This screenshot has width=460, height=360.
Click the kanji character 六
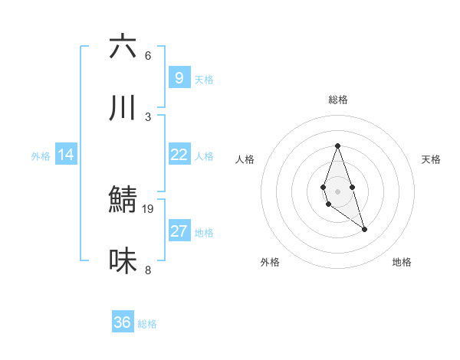(x=123, y=47)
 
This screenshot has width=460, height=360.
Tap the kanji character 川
(x=123, y=108)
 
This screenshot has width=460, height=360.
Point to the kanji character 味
(x=123, y=261)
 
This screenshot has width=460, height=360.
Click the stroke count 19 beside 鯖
(x=148, y=208)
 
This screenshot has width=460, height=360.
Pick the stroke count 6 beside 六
(x=148, y=56)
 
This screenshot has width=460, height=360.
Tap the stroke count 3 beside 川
(x=148, y=116)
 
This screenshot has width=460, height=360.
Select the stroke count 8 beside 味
(x=148, y=270)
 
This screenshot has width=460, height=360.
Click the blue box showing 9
(x=179, y=77)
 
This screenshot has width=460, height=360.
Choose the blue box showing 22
(x=179, y=155)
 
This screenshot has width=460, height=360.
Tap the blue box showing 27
(x=179, y=231)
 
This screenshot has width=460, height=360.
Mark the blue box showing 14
(x=66, y=155)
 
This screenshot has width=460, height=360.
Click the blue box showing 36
(x=122, y=322)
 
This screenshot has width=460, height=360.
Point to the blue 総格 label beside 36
(x=147, y=324)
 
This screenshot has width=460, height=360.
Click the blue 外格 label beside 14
(x=41, y=156)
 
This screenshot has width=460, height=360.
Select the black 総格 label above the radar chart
(x=337, y=100)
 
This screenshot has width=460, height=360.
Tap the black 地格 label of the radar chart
(x=402, y=262)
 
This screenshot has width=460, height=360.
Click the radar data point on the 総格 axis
(x=337, y=146)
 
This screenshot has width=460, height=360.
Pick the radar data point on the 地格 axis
(x=364, y=229)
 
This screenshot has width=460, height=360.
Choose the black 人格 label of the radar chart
(x=245, y=159)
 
